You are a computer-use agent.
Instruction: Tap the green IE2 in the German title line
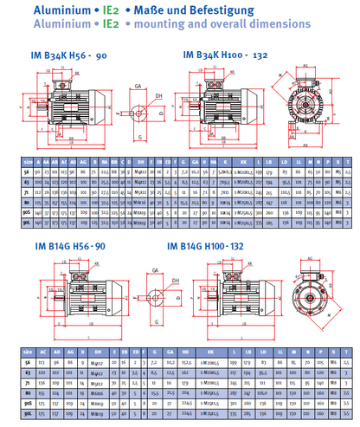[x=111, y=10]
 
